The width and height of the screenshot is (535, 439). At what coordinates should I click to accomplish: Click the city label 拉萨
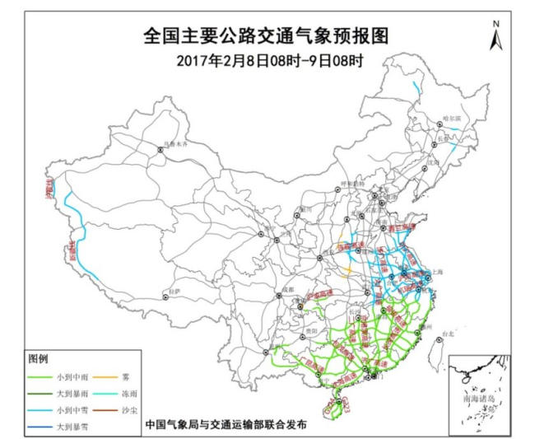tap(171, 291)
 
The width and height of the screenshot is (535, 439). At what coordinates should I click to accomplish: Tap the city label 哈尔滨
tap(453, 119)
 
